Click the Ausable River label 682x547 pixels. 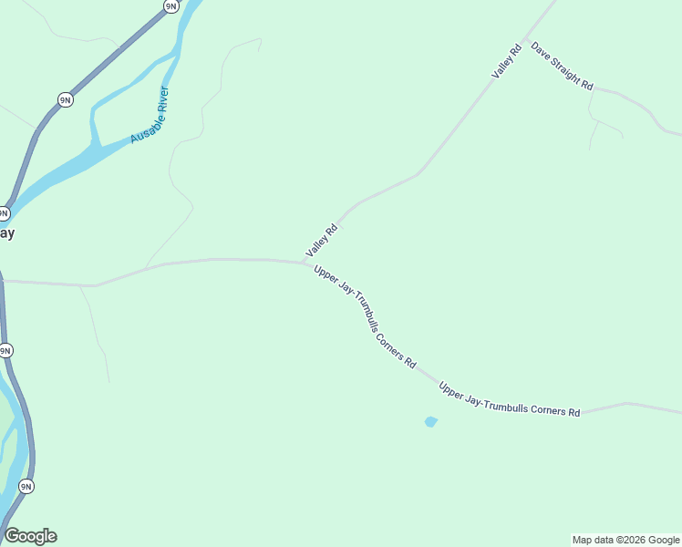click(150, 115)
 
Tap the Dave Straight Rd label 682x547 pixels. click(562, 66)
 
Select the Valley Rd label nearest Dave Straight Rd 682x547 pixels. click(506, 60)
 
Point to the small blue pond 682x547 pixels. click(430, 421)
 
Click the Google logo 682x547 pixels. click(30, 536)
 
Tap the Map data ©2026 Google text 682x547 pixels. click(625, 540)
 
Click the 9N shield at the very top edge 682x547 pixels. click(170, 5)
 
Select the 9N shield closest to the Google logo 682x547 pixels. click(26, 486)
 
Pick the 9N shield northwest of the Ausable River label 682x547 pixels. click(65, 99)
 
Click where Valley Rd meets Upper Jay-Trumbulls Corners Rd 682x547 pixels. click(305, 263)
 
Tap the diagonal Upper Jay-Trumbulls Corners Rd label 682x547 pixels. click(365, 316)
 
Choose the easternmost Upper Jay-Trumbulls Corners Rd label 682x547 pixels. click(509, 400)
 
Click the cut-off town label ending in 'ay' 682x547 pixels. click(6, 232)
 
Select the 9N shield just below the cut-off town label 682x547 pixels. click(5, 350)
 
